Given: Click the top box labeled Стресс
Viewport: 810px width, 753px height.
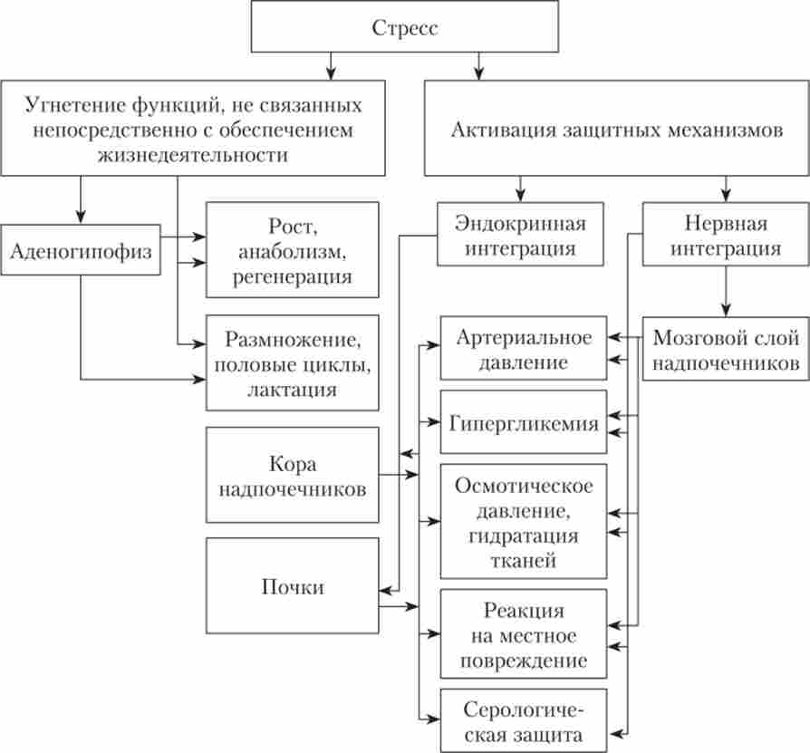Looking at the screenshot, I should (x=404, y=28).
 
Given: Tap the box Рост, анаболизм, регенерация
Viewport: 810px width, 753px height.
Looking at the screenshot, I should (x=292, y=249).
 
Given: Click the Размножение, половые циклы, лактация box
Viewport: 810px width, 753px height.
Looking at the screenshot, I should (x=292, y=365).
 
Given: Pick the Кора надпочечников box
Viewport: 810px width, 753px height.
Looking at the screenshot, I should (x=292, y=477).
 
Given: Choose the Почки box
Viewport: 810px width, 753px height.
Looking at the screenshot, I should (x=292, y=587).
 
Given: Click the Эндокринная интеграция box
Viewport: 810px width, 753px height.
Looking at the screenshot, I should (x=520, y=235).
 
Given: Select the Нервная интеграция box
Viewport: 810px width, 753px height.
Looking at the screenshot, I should (x=725, y=235).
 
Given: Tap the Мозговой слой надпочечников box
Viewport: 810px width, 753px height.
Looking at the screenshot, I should (x=725, y=351).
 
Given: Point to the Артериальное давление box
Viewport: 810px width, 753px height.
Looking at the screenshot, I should (x=524, y=350).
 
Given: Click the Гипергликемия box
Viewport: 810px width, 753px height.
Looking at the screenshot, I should (x=524, y=423).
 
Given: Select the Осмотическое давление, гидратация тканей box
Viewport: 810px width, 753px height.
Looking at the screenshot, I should (x=524, y=523).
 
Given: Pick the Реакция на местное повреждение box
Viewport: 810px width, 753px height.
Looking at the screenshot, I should (x=524, y=634).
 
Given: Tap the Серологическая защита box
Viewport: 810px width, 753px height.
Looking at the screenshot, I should (x=524, y=720).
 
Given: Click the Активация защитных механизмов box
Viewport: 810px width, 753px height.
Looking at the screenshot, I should (x=615, y=129).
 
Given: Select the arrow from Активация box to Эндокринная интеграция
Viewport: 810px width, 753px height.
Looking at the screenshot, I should (x=520, y=188).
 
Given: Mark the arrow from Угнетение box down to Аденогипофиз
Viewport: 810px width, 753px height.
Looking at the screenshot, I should (x=81, y=199).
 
